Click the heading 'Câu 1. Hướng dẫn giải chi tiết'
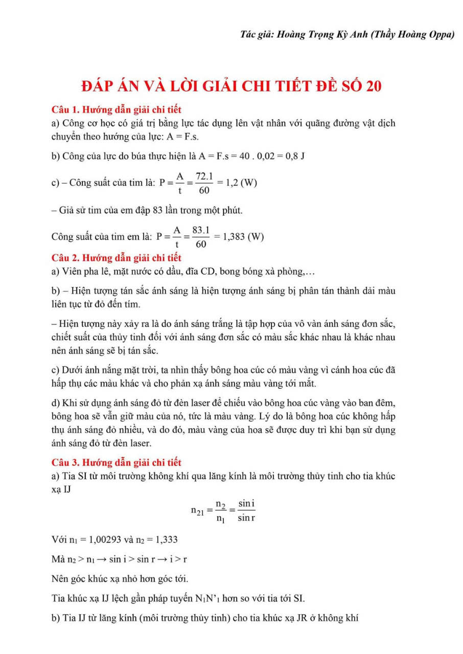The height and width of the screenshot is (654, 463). pos(117,109)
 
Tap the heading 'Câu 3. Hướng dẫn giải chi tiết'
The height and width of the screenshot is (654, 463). pos(117,463)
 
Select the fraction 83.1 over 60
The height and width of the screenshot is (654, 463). pos(201,238)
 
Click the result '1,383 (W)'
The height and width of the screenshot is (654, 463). pos(239,237)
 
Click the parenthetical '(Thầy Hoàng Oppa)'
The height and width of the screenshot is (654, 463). pos(414,35)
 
